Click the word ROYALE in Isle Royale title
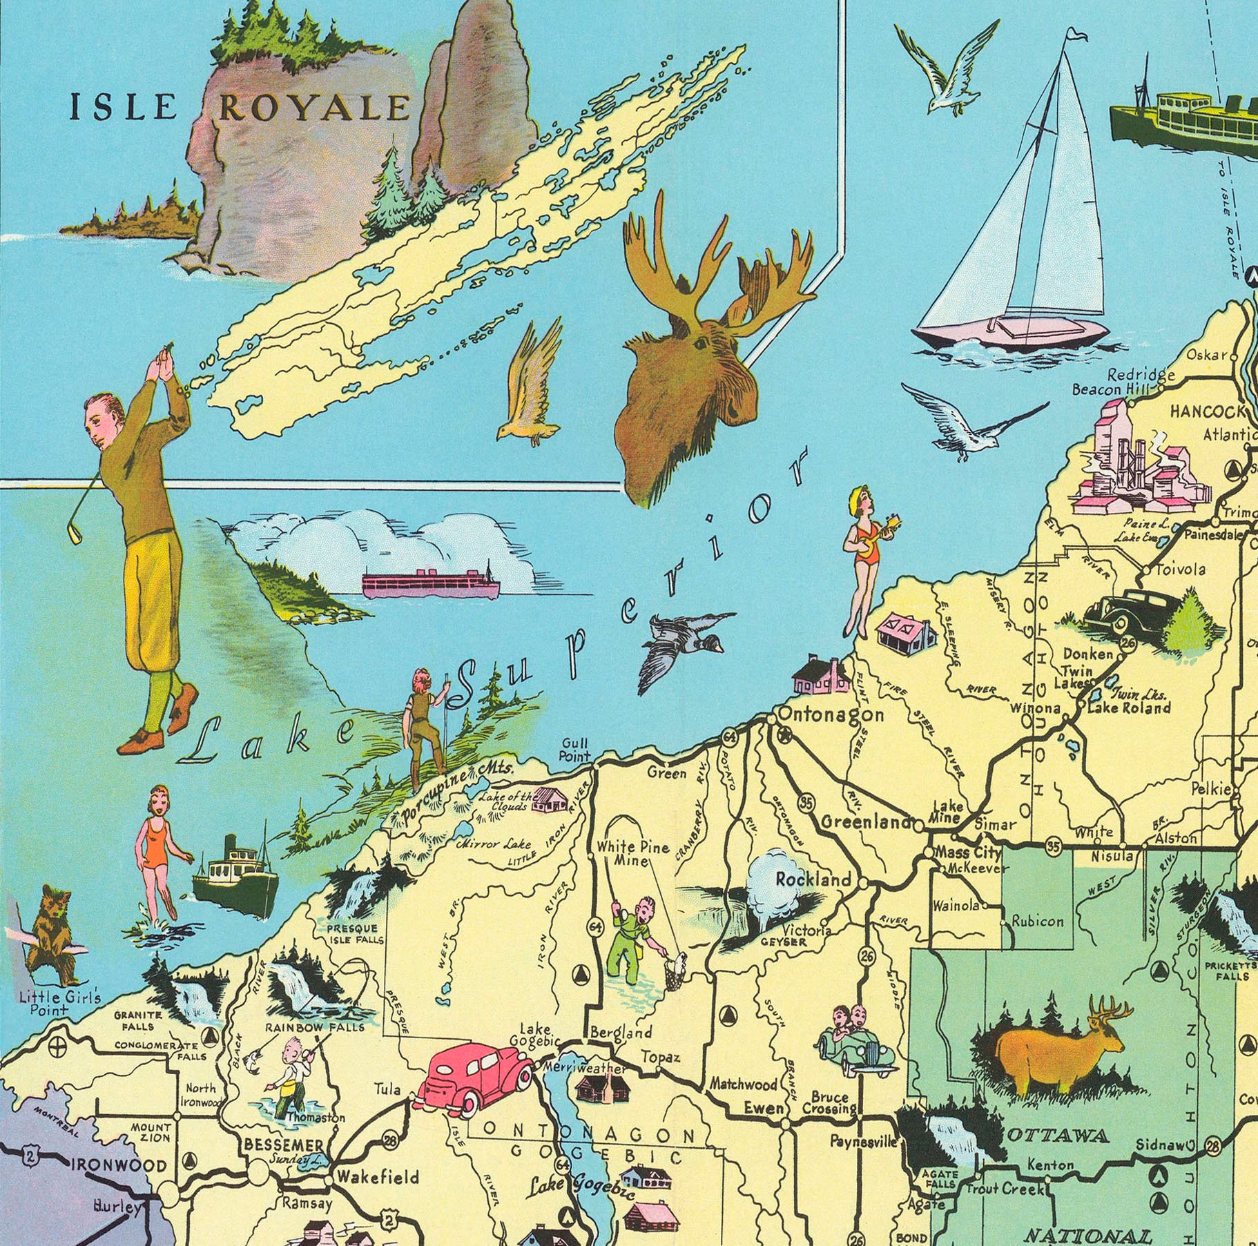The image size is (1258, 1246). [314, 108]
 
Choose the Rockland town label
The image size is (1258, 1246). [813, 879]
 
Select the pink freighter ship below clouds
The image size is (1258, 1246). [429, 583]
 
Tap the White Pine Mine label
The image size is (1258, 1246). [632, 853]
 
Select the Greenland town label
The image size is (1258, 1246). [867, 821]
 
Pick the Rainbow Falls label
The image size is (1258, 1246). [314, 1026]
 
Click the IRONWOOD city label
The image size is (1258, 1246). [119, 1166]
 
